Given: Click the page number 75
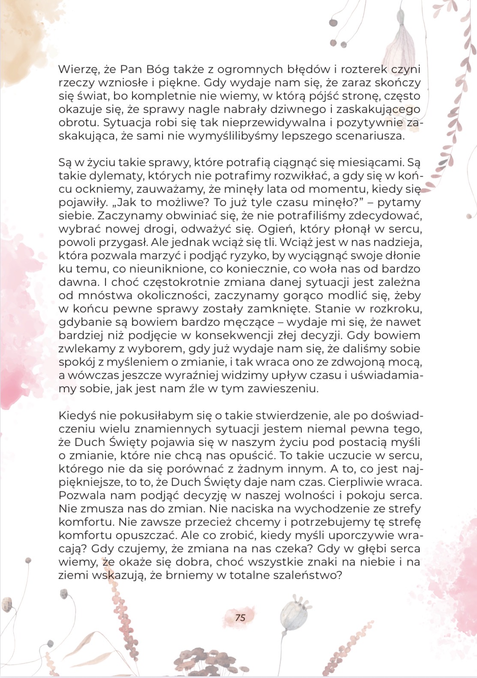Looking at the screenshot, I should point(240,617).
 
